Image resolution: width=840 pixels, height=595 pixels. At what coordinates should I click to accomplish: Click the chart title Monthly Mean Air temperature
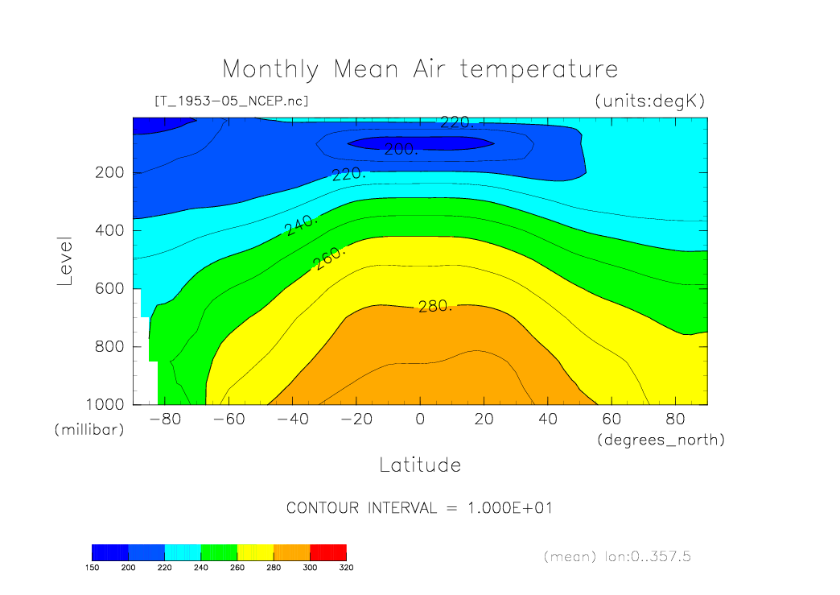(420, 69)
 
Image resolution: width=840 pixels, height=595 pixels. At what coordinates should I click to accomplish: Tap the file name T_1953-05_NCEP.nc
(231, 101)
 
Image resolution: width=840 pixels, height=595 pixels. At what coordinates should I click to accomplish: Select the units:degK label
(649, 101)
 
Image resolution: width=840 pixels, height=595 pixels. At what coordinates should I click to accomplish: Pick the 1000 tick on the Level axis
(106, 404)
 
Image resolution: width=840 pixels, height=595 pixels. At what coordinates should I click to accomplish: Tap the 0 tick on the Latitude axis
(419, 419)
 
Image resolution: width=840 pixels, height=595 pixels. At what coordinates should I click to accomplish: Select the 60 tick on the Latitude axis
(611, 419)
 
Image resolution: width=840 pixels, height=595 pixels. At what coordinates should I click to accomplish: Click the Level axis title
(65, 262)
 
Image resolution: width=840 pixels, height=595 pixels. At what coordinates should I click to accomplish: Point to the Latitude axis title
(420, 465)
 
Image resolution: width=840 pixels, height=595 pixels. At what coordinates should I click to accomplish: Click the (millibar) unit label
(89, 430)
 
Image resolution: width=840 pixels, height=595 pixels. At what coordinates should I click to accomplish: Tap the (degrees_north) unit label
(661, 440)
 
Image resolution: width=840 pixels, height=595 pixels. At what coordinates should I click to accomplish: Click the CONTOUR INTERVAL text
(419, 508)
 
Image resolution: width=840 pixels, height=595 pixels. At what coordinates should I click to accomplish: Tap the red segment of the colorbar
(328, 552)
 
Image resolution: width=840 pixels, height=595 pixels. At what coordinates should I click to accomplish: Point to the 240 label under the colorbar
(201, 568)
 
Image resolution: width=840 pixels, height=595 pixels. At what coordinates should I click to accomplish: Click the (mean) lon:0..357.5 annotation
(617, 556)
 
